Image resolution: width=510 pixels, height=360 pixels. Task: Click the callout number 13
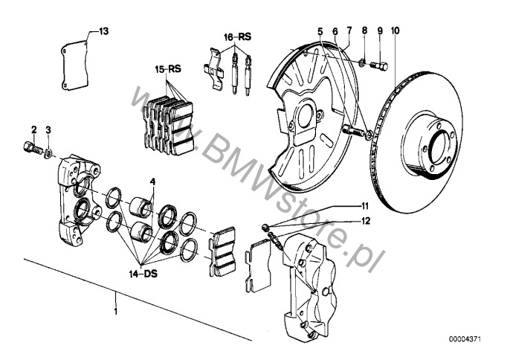tap(104, 31)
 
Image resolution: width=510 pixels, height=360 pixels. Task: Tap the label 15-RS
tap(168, 69)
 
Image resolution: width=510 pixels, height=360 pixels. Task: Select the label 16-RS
tap(238, 36)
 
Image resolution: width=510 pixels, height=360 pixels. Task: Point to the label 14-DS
tap(143, 274)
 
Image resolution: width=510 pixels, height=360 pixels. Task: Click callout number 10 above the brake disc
tap(396, 30)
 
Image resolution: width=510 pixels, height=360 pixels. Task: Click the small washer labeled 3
tap(48, 152)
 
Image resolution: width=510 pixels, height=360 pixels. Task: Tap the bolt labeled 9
tap(380, 65)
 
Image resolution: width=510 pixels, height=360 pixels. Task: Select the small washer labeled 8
tap(363, 62)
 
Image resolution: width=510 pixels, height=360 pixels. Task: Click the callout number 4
tap(152, 181)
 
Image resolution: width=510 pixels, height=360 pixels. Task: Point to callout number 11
tap(364, 206)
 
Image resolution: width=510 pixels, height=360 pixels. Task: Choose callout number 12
tap(366, 221)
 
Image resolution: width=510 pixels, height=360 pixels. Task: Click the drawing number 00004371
tap(465, 339)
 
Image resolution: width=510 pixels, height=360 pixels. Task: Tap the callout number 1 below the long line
tap(115, 309)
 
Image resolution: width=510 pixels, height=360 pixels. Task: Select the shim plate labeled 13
tap(74, 65)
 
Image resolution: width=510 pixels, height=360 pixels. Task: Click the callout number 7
tap(349, 31)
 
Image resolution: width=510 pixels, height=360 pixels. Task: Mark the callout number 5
tap(320, 31)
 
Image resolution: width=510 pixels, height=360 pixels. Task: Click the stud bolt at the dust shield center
tap(352, 131)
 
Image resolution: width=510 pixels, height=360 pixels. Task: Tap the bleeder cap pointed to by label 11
tap(265, 227)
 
